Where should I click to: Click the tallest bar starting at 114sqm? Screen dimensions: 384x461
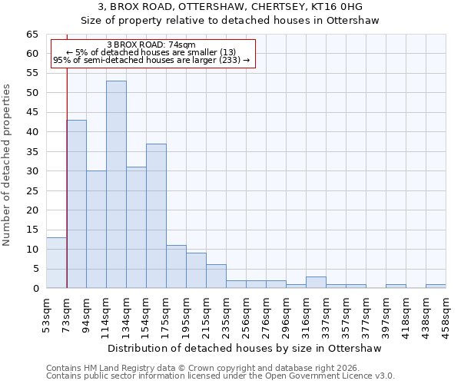coord(116,184)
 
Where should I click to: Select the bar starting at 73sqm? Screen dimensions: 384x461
coord(76,204)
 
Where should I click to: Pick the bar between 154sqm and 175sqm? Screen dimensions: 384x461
coord(156,216)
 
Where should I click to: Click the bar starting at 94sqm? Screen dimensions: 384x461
coord(96,229)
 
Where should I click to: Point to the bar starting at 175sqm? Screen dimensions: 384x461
coord(176,266)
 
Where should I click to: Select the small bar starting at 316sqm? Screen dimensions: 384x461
coord(316,283)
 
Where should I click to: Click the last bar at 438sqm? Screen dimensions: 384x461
coord(436,286)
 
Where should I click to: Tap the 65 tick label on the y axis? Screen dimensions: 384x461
coord(32,35)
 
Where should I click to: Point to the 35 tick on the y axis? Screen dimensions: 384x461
coord(32,152)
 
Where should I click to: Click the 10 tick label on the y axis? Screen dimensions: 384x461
coord(32,250)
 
